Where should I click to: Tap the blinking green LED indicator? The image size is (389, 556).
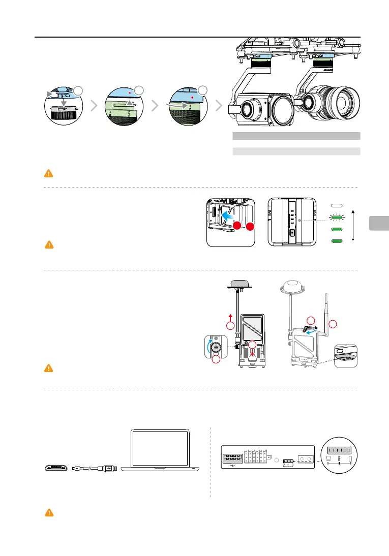coord(335,217)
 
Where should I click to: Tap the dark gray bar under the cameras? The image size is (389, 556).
coord(296,136)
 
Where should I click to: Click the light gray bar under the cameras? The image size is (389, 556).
coord(296,151)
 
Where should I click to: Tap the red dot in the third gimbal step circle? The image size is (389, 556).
coord(191,96)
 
